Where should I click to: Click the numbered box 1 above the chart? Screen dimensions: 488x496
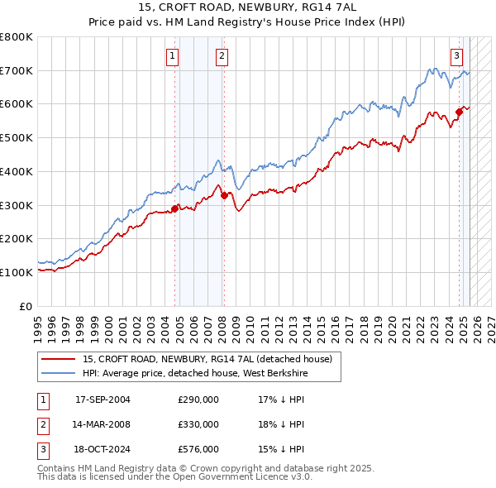[x=173, y=56]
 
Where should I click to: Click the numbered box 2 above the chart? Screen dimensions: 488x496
[x=223, y=56]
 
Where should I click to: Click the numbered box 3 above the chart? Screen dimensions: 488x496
[x=456, y=56]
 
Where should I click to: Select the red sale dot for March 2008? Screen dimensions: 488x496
[x=224, y=195]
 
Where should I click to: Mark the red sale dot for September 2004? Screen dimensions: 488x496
[x=174, y=208]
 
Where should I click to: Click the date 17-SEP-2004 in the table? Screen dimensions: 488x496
[x=103, y=399]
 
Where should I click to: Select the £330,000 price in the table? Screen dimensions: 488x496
[x=198, y=424]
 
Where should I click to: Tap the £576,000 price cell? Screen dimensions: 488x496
[x=198, y=449]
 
